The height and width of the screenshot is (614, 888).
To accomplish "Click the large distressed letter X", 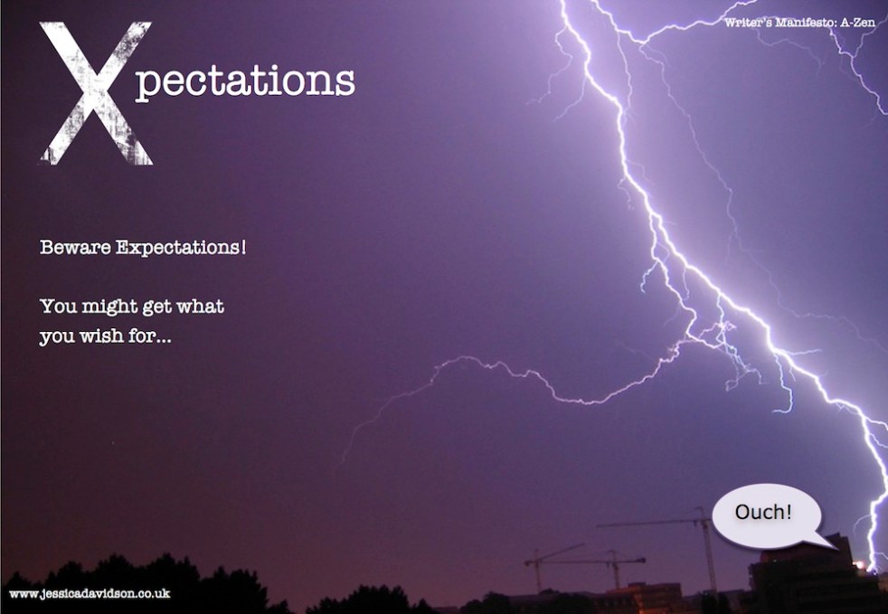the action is (x=96, y=93).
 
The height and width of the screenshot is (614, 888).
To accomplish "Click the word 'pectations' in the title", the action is (x=245, y=82).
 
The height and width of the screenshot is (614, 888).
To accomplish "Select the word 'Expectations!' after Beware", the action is (x=181, y=248).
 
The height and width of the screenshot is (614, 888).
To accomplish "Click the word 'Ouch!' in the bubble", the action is (x=763, y=512).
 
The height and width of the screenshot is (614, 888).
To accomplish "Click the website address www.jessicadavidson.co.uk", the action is (x=90, y=593).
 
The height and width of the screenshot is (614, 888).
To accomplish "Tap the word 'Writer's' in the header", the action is (x=748, y=23).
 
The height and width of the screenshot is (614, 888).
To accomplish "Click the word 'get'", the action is (x=156, y=307).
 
